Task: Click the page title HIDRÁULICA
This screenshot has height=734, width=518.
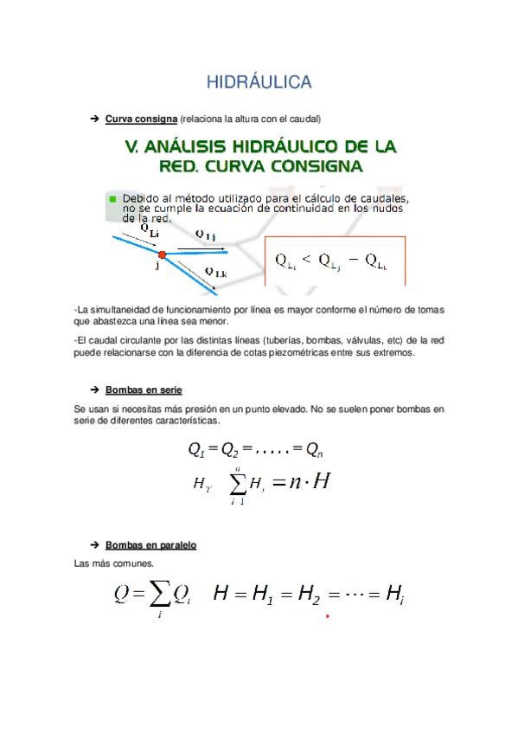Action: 259,82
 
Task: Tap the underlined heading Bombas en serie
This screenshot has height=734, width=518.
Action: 144,390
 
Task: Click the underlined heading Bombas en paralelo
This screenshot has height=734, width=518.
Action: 150,545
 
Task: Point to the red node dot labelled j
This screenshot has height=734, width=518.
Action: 161,254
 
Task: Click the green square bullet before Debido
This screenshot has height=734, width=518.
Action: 112,198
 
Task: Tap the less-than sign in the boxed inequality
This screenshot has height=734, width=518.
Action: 304,258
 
